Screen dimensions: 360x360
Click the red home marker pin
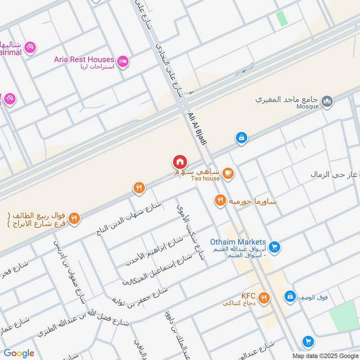click(x=180, y=162)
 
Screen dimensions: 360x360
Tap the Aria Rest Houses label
click(x=84, y=59)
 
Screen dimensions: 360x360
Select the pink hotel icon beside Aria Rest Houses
click(x=122, y=61)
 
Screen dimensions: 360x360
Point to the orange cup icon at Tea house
click(x=228, y=173)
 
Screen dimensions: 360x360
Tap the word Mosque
click(x=308, y=107)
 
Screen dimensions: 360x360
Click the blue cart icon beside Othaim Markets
click(x=274, y=246)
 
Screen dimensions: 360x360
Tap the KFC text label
click(x=248, y=296)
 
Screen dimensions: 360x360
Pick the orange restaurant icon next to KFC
click(x=264, y=297)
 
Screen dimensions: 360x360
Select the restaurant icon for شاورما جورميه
click(x=220, y=200)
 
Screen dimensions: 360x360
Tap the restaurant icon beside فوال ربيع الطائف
click(x=75, y=218)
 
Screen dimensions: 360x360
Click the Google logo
click(x=19, y=353)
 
